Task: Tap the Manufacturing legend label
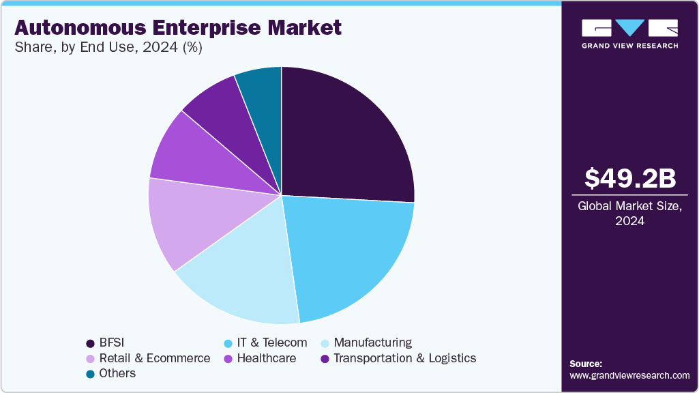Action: pos(372,343)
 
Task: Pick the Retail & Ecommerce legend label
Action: pos(155,358)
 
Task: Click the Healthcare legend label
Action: pos(266,358)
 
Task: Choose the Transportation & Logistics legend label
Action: pos(404,358)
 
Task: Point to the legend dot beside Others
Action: pos(90,374)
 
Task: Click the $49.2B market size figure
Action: pos(630,179)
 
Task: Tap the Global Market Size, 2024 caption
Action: pos(630,214)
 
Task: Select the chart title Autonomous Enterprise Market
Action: pos(177,28)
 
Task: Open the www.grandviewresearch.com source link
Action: pos(629,375)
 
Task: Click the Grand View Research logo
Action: pos(629,33)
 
